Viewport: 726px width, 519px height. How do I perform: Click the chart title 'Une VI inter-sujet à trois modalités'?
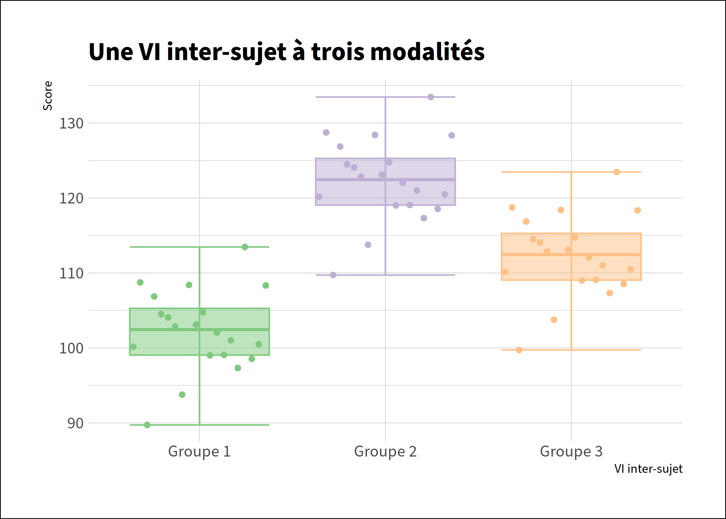click(x=286, y=52)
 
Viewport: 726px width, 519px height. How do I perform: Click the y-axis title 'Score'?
click(x=48, y=96)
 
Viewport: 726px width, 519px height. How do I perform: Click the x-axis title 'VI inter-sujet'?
click(x=648, y=469)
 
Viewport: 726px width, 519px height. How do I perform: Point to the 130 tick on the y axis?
click(x=72, y=124)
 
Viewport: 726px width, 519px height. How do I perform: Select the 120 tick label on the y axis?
click(x=72, y=199)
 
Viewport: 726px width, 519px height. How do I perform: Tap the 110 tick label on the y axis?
click(x=72, y=274)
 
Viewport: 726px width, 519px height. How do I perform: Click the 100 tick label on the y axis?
click(x=72, y=348)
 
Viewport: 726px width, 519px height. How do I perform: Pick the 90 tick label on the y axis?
click(x=75, y=424)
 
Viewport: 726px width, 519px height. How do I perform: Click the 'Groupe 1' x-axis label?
click(x=199, y=452)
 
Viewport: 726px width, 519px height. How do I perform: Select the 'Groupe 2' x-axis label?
click(x=385, y=452)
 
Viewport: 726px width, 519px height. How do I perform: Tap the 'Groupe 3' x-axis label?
click(x=571, y=452)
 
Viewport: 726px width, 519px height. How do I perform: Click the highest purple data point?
click(x=430, y=97)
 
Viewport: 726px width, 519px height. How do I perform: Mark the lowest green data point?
click(x=147, y=425)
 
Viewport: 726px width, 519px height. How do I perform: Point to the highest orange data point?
click(x=617, y=172)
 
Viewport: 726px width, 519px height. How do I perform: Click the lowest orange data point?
click(x=519, y=350)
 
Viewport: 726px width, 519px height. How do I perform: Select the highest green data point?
click(x=245, y=247)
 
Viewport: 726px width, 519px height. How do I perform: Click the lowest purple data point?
click(x=333, y=275)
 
